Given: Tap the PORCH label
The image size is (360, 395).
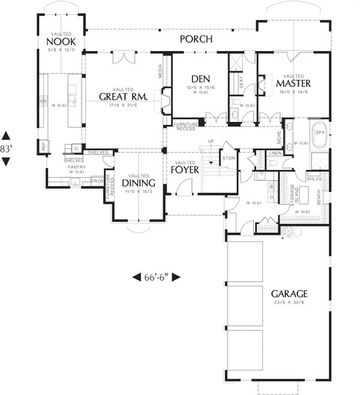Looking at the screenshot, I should [196, 40].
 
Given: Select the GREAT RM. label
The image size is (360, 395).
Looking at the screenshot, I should [123, 97].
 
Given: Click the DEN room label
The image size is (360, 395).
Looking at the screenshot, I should [200, 79].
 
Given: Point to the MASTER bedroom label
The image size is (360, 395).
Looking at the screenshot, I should [292, 83].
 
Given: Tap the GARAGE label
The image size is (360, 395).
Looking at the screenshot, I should [289, 294].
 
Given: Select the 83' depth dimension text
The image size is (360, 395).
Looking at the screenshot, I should [6, 148].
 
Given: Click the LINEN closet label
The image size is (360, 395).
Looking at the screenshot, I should [275, 154].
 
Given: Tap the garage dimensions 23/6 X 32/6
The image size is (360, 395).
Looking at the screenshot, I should [289, 304].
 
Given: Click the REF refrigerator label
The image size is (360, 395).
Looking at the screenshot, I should [44, 145].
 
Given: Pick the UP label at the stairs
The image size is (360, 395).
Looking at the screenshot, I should [210, 142].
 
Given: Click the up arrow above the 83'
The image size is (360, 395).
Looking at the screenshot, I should [6, 135].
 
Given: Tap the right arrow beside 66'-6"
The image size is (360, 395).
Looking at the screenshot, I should [178, 277].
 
